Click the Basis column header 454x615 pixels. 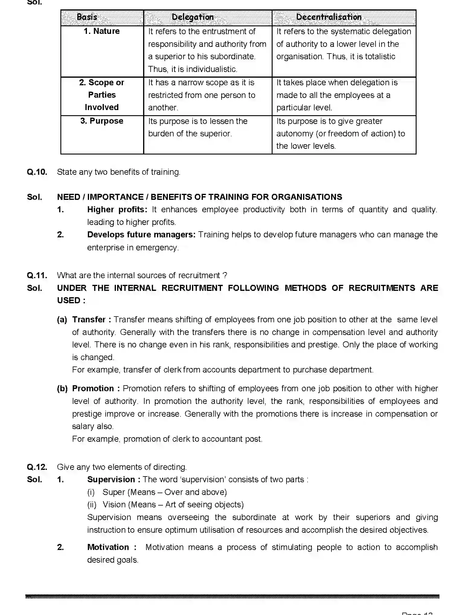(87, 17)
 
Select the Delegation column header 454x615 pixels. (193, 17)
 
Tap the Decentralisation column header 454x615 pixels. (329, 17)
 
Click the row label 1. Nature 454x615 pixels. (102, 31)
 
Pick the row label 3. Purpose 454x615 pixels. (102, 121)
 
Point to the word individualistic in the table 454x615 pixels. (212, 69)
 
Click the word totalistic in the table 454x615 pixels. (380, 57)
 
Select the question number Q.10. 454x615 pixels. (37, 172)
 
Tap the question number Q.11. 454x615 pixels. (37, 275)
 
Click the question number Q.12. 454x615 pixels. (37, 467)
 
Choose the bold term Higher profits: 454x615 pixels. (117, 210)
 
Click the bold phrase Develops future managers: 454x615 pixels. (141, 235)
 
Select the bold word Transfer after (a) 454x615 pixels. (89, 320)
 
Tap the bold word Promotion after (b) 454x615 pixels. (93, 389)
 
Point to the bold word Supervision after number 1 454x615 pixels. (111, 480)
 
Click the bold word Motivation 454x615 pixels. (108, 547)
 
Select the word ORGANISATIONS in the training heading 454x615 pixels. (307, 197)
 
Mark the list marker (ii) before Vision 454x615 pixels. (92, 505)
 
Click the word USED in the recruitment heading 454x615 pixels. (69, 301)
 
